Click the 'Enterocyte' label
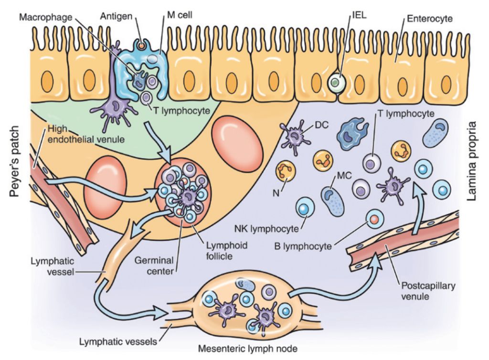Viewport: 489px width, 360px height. click(x=428, y=20)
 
